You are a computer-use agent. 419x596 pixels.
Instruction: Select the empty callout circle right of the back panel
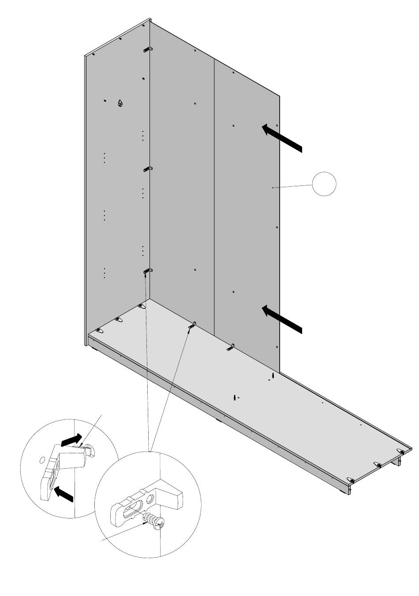324,184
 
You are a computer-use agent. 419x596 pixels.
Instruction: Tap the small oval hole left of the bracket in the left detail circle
42,460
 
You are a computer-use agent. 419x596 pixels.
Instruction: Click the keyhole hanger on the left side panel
120,104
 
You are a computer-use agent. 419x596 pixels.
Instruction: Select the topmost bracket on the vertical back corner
148,50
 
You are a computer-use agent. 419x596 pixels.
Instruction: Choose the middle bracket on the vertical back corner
148,168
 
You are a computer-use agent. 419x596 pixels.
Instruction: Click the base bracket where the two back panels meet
193,326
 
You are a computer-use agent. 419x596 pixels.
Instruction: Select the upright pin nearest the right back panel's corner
273,376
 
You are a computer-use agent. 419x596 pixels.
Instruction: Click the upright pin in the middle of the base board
234,397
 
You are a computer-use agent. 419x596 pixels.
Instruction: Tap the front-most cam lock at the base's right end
351,479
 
